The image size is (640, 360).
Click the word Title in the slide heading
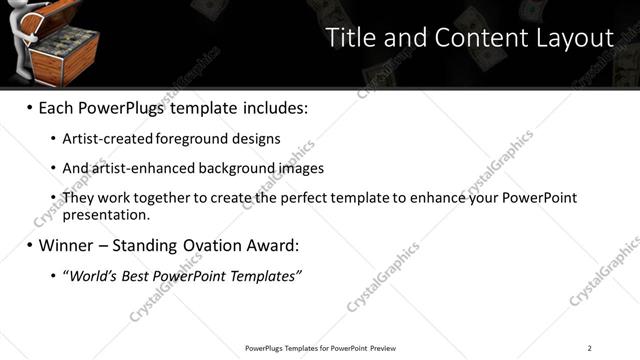click(352, 38)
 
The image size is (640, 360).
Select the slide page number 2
click(590, 348)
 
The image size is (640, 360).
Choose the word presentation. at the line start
click(105, 214)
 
